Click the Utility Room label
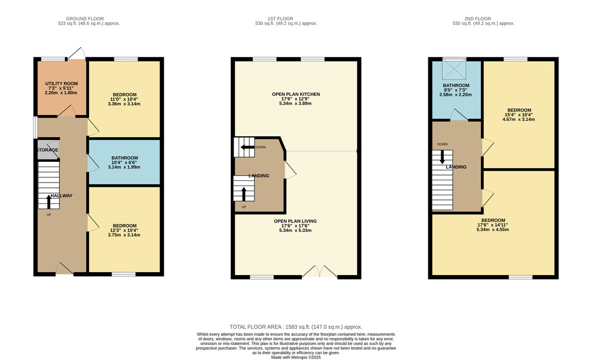click(x=61, y=84)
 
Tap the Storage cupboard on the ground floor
click(x=48, y=150)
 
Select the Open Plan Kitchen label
click(x=296, y=94)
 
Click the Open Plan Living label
click(x=295, y=221)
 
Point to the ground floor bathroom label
click(x=125, y=158)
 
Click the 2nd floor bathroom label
click(x=456, y=86)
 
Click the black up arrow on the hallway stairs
click(x=49, y=202)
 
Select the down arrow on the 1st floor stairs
click(x=247, y=147)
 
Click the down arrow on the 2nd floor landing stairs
click(x=442, y=157)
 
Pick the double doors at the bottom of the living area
click(x=319, y=272)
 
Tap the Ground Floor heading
click(x=85, y=18)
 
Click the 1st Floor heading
click(x=280, y=18)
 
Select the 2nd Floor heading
click(x=478, y=18)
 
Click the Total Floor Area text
click(x=295, y=327)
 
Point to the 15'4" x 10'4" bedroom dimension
click(x=519, y=115)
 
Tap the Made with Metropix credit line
click(x=295, y=357)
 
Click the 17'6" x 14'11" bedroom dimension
click(x=493, y=225)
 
